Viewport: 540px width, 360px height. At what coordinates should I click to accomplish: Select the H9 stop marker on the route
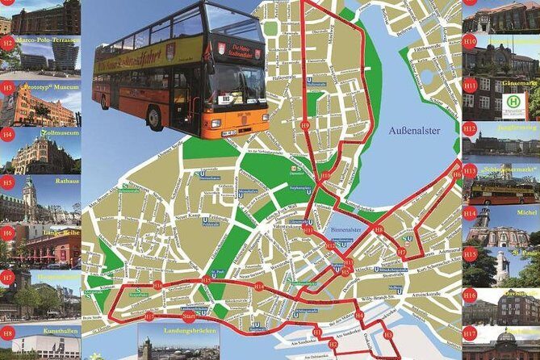[x=304, y=125]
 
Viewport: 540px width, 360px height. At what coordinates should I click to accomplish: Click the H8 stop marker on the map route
[x=378, y=230]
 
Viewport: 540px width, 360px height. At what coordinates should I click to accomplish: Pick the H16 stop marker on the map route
[x=157, y=285]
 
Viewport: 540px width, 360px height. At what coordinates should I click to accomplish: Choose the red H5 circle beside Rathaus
[x=8, y=182]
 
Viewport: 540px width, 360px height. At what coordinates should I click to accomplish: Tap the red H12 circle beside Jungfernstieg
[x=470, y=127]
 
